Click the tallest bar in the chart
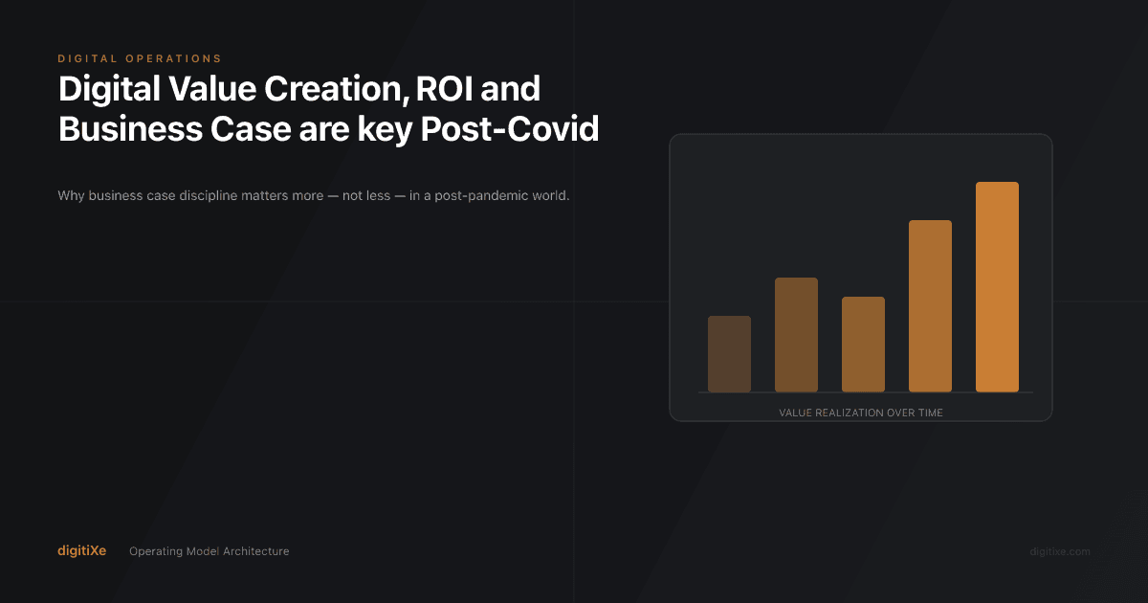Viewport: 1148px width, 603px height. [x=997, y=286]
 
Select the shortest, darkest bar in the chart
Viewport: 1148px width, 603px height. [x=729, y=353]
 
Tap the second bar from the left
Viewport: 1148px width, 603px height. [x=796, y=334]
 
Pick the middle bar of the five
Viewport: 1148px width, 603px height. [x=863, y=344]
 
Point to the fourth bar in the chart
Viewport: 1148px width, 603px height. [x=930, y=305]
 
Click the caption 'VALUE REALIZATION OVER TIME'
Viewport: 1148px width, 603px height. [x=861, y=413]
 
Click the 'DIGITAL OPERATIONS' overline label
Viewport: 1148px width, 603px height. [x=140, y=59]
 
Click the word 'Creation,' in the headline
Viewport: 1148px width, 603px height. [x=325, y=89]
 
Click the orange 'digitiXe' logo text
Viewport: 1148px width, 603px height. [x=81, y=550]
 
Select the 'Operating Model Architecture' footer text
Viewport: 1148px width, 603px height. [x=209, y=551]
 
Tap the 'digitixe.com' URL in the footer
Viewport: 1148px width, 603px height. [x=1059, y=551]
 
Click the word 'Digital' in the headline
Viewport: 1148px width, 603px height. [x=107, y=89]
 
